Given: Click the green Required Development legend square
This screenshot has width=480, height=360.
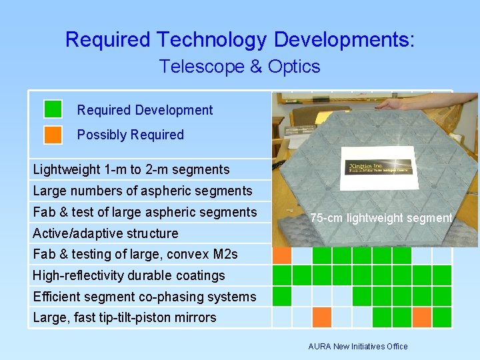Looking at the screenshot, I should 53,109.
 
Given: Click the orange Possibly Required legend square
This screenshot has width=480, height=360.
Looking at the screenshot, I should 53,135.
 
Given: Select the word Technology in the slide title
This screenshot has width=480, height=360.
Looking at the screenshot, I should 211,40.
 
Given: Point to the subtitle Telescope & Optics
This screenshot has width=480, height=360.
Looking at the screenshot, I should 239,67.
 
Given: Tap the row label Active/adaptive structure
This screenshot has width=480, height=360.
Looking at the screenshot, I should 105,233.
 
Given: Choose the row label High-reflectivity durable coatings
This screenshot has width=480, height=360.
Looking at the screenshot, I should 129,275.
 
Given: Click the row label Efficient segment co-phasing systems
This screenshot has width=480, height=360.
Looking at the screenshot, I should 144,297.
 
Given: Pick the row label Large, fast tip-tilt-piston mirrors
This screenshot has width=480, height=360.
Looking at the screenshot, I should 124,317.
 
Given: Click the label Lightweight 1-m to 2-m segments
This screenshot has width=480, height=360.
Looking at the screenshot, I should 131,169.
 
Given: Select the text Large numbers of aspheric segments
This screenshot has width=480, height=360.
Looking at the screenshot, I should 142,191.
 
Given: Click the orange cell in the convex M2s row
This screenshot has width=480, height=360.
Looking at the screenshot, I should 282,255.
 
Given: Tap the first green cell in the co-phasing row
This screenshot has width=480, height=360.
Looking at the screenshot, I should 282,296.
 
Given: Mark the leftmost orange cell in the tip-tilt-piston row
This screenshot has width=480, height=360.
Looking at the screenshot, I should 322,317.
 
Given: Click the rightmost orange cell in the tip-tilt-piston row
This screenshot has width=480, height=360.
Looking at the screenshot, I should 421,317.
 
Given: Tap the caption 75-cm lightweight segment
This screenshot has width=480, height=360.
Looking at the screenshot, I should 381,218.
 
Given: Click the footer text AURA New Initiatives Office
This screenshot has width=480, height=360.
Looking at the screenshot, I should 357,346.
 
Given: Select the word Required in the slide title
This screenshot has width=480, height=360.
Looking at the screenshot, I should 107,40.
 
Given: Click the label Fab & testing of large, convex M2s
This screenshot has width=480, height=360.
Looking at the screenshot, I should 135,254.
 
